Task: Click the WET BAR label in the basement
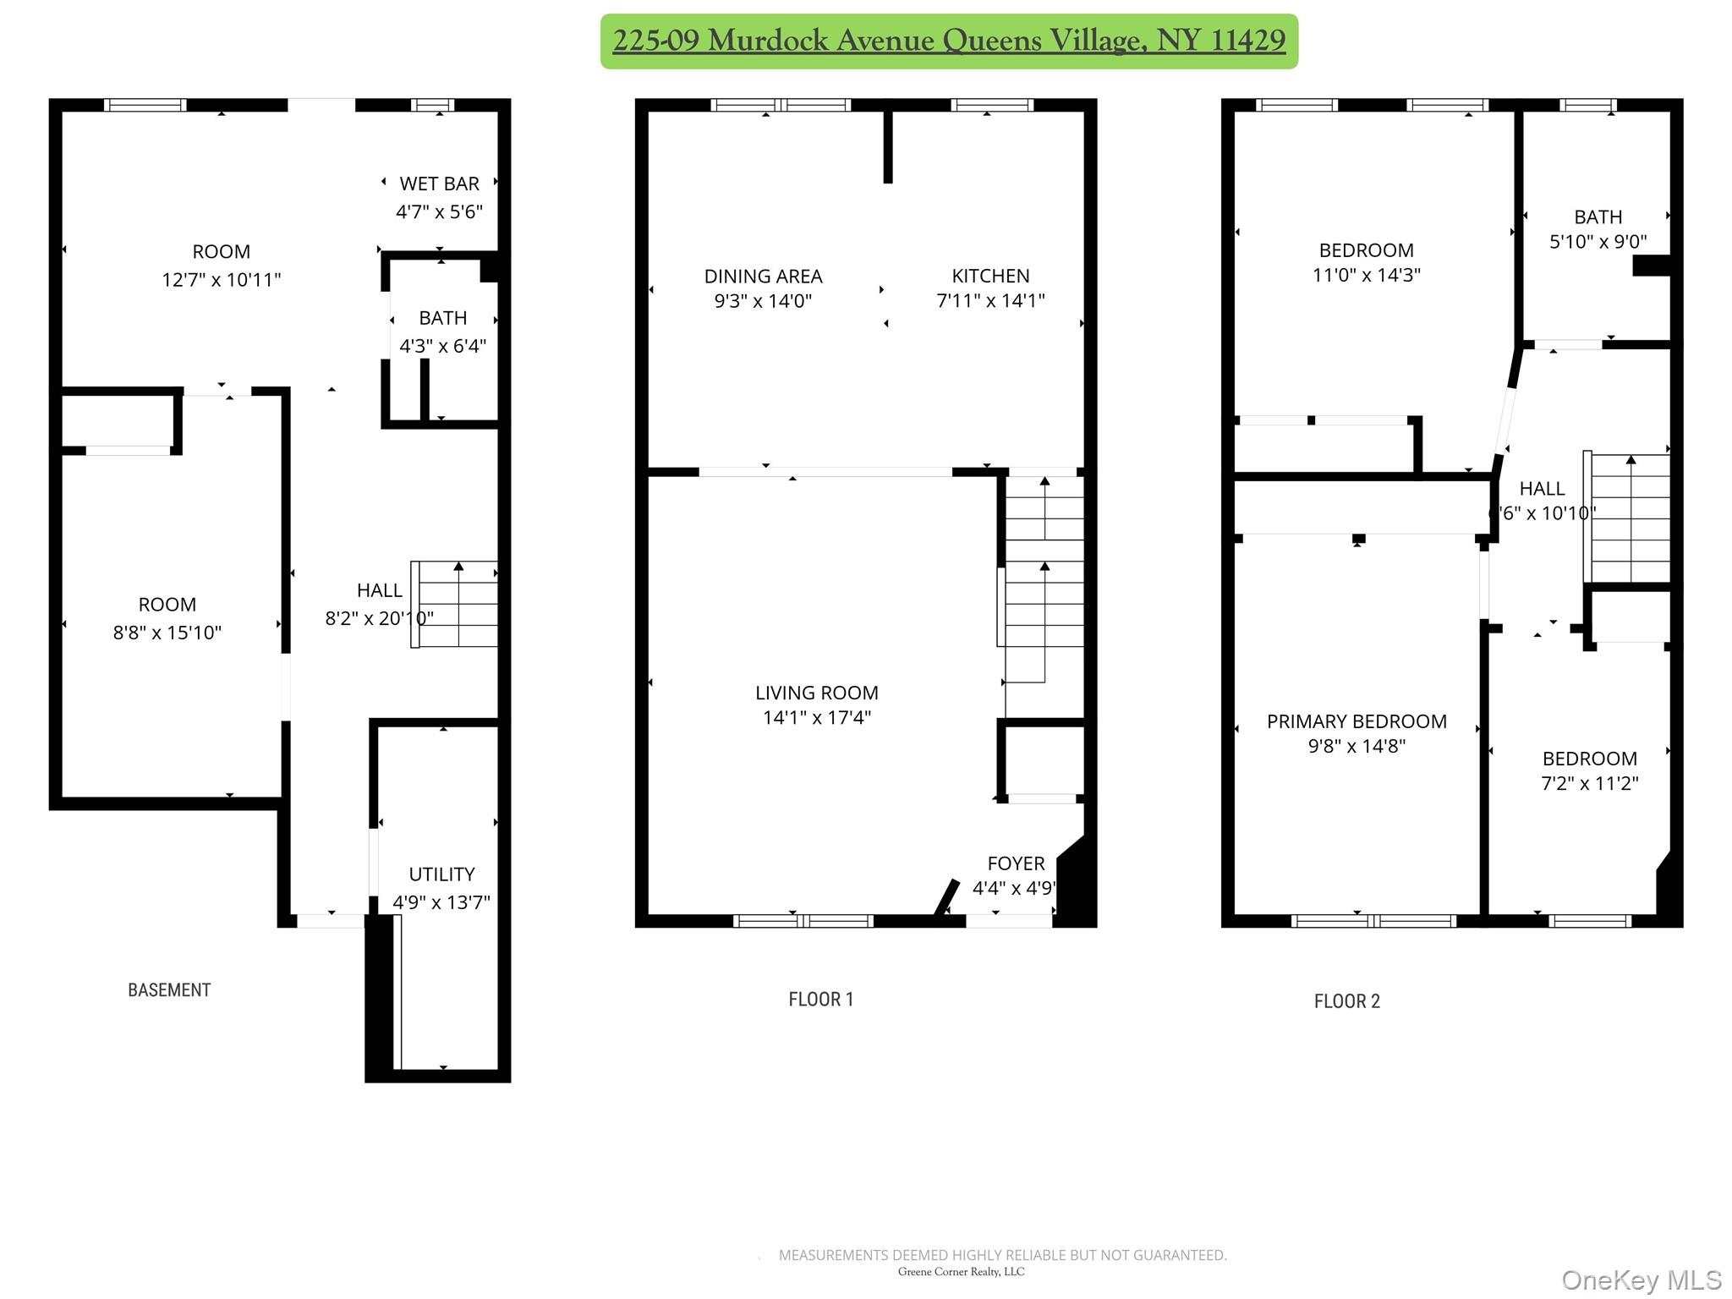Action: coord(439,184)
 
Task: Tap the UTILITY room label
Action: coord(441,874)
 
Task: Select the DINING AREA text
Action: coord(763,276)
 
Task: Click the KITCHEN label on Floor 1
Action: coord(990,276)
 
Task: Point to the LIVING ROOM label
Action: coord(816,693)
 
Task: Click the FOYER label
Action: coord(1016,863)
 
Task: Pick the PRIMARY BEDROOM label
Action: coord(1357,721)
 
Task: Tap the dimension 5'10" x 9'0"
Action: coord(1598,242)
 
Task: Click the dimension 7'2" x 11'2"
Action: coord(1589,783)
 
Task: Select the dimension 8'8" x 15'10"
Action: coord(167,633)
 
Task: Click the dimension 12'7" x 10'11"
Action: coord(222,280)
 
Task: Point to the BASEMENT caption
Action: coord(169,990)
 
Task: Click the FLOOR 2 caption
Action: coord(1346,1001)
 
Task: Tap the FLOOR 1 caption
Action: coord(820,1000)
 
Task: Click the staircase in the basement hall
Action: coord(458,604)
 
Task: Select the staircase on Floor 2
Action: coord(1629,518)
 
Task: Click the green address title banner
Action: coord(949,41)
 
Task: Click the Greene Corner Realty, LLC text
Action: coord(961,1272)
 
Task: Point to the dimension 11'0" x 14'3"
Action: coord(1366,275)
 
